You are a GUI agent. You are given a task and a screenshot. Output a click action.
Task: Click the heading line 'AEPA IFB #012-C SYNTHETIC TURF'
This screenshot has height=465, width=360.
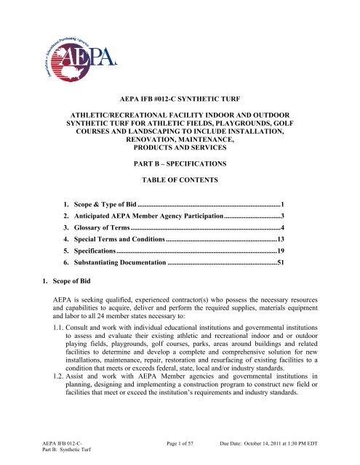179,95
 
